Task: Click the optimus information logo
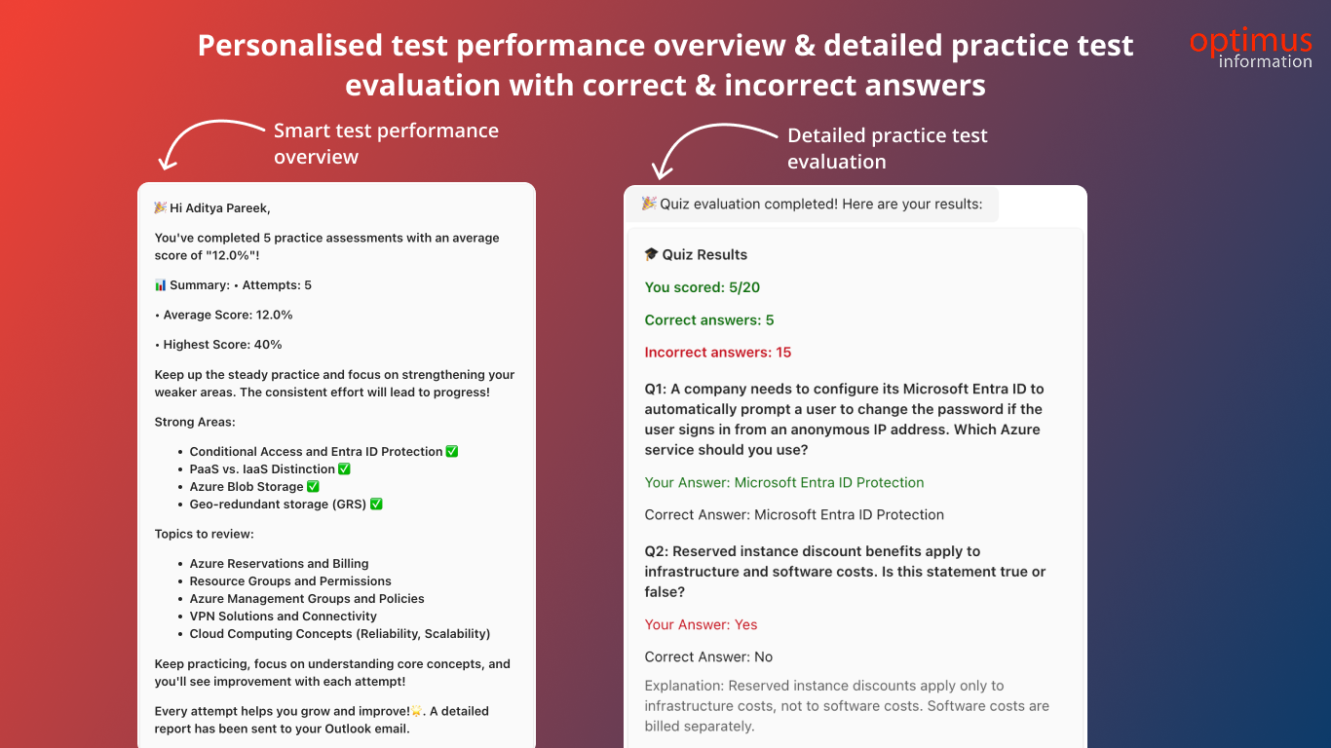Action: click(x=1251, y=48)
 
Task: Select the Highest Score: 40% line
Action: click(x=218, y=345)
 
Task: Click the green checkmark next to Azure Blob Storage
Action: click(x=313, y=486)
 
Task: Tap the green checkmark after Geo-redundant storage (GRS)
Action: click(x=376, y=504)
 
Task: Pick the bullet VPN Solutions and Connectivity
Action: click(x=283, y=617)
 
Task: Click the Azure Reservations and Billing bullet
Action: click(x=279, y=563)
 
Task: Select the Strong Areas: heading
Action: click(x=195, y=422)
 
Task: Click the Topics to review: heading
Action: click(x=204, y=534)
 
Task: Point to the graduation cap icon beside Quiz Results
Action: click(x=651, y=254)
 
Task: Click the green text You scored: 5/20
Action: click(x=703, y=287)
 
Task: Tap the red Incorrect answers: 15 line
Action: click(x=718, y=353)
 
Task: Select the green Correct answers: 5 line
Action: click(x=709, y=320)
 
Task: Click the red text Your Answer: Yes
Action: click(x=701, y=624)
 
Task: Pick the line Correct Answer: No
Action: click(x=708, y=656)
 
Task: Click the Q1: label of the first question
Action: click(x=656, y=390)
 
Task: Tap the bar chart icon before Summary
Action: click(x=161, y=285)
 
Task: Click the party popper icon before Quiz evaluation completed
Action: click(x=649, y=204)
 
